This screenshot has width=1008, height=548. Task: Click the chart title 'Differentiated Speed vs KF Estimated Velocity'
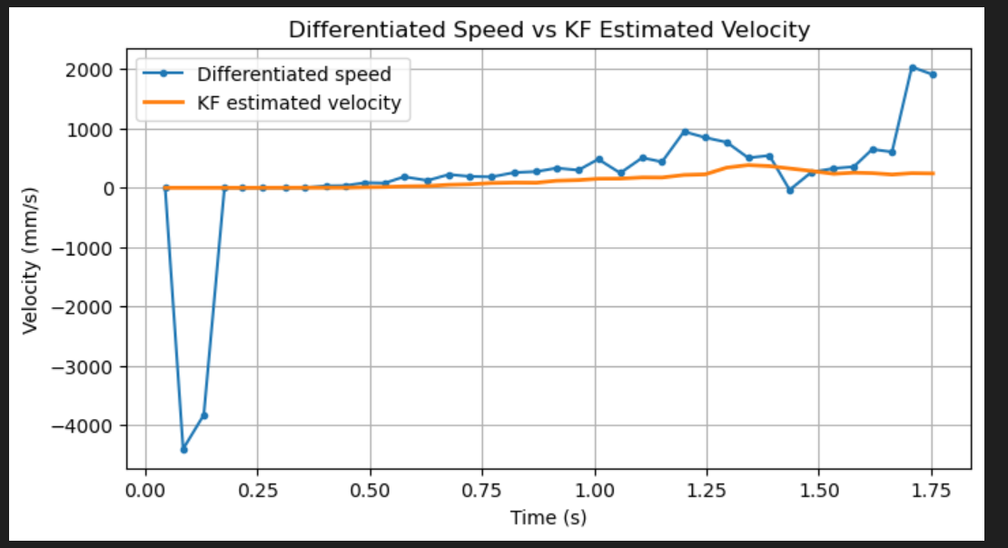[548, 29]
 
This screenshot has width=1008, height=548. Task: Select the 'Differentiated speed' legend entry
[306, 75]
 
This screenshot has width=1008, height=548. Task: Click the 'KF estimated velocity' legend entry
[299, 103]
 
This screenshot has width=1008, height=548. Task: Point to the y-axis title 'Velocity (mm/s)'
[31, 260]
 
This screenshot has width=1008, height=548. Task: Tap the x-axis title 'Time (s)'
[548, 518]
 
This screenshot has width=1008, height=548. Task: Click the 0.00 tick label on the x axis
[144, 492]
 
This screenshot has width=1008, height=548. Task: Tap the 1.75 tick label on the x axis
[932, 492]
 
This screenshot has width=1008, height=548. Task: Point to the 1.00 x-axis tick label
[595, 492]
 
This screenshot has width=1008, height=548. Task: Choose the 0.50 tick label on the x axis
[370, 492]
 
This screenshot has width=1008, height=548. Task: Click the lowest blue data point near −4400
[183, 449]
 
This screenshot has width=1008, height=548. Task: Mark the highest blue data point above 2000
[913, 68]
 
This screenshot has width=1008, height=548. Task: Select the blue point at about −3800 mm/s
[204, 415]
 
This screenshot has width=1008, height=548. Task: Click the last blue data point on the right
[933, 75]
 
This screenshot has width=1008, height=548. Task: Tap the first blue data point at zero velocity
[165, 188]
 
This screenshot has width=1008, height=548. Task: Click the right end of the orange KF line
[933, 174]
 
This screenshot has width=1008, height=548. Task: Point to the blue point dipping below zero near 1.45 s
[790, 190]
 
